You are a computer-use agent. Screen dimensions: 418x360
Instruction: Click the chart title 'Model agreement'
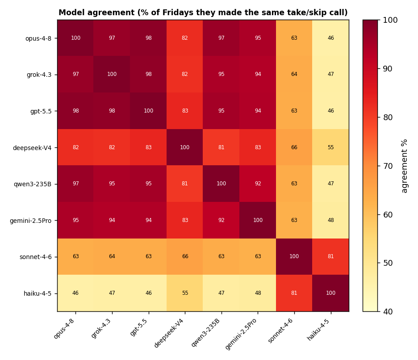pos(97,13)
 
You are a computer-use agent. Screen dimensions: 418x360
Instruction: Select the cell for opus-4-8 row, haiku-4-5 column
pos(330,38)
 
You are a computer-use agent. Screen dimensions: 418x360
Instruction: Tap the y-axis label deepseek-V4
pos(32,147)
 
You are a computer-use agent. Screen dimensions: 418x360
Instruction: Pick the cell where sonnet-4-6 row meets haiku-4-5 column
pos(330,256)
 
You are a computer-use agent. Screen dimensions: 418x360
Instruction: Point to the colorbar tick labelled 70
pos(388,166)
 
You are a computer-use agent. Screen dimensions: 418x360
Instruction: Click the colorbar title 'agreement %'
pos(405,166)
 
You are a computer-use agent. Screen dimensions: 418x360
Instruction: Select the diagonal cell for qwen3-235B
pos(221,184)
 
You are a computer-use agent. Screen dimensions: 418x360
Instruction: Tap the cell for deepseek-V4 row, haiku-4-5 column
pos(330,147)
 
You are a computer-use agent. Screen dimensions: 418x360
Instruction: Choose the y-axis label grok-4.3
pos(39,75)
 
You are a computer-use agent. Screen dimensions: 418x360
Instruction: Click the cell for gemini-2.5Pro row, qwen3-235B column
pos(221,220)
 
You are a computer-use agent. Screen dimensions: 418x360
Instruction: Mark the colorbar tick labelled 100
pos(390,20)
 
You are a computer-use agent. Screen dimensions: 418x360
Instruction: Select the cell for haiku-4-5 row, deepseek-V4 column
pos(185,293)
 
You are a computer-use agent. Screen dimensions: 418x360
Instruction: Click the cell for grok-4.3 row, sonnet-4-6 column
pos(294,75)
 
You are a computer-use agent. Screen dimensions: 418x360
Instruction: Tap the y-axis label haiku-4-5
pos(38,293)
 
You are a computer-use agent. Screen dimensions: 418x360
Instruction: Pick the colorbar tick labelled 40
pos(388,311)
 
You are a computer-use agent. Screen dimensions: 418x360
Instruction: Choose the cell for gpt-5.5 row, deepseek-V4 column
pos(185,111)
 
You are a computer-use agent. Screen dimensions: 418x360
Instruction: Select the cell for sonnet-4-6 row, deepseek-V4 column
pos(185,256)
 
